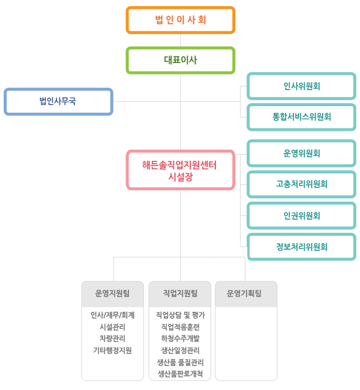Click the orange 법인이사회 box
(181, 20)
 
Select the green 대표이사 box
(181, 60)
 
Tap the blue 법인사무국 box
(58, 101)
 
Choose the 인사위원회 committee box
(302, 86)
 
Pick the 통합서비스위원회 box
(302, 117)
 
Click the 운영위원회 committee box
(302, 153)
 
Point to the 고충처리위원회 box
(302, 184)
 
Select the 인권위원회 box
(302, 215)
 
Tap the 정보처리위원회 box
(302, 247)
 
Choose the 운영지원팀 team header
(112, 294)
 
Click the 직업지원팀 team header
(180, 294)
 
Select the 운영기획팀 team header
(246, 294)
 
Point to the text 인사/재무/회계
(112, 315)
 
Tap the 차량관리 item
(112, 338)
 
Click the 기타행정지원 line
(112, 350)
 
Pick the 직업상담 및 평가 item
(180, 315)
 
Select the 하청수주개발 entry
(180, 338)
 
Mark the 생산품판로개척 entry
(180, 374)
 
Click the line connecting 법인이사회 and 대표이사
(181, 40)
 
